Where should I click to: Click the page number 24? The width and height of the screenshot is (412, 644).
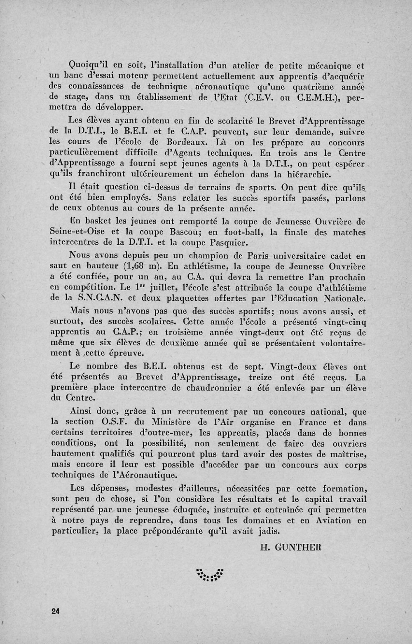tap(56, 611)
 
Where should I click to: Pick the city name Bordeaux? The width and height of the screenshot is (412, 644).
tap(187, 143)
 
